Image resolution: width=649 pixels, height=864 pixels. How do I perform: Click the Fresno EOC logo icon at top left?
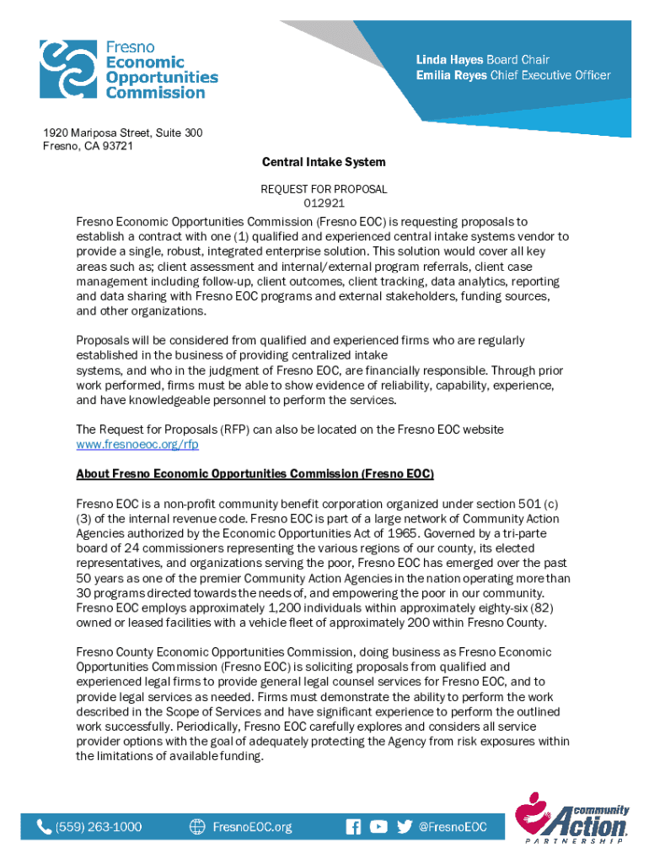point(68,67)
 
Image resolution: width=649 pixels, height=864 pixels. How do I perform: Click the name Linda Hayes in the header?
point(448,60)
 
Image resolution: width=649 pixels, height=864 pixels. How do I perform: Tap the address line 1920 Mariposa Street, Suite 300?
point(123,133)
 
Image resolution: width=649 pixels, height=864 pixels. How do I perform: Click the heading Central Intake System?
point(324,161)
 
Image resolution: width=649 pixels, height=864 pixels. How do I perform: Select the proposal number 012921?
point(324,203)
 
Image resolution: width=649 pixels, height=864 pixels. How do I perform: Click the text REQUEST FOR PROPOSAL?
point(324,190)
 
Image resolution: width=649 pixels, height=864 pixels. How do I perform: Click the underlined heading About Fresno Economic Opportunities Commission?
point(255,474)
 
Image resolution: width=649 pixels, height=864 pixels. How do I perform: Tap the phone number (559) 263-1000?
point(99,827)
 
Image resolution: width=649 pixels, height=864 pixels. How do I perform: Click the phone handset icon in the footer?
point(44,827)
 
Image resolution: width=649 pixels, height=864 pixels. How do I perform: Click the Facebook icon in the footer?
point(353,827)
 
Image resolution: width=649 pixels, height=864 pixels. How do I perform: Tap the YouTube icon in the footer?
point(379,827)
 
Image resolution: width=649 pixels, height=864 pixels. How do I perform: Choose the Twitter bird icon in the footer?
point(405,827)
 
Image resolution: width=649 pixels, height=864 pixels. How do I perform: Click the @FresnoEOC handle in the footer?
point(453,827)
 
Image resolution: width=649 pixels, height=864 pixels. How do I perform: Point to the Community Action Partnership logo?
point(575,818)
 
